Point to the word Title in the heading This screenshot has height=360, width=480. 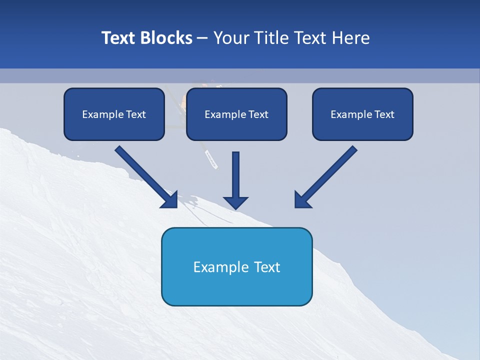pos(272,38)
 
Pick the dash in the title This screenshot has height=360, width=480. pos(202,38)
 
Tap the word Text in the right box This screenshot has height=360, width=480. pos(384,114)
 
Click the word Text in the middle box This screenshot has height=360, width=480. pos(258,114)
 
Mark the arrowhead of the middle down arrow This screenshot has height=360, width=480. pos(235,202)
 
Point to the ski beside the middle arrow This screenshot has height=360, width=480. pos(210,157)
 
